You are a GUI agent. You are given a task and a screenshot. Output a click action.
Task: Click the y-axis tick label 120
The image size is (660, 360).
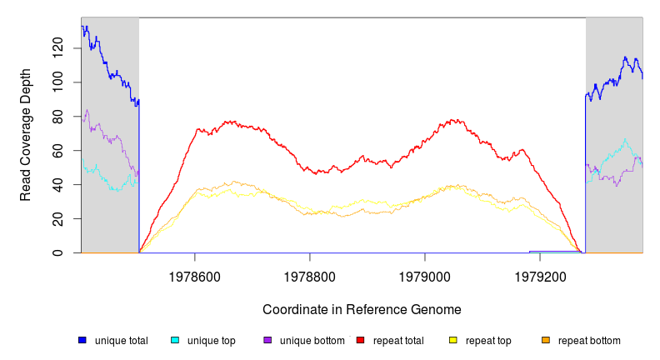pos(57,48)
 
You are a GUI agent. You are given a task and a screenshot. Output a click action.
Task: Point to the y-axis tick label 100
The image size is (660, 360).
pos(57,82)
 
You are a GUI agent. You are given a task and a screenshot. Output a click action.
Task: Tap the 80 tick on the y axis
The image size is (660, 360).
pos(57,117)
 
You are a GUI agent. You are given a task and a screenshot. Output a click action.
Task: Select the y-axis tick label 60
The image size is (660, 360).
pos(57,151)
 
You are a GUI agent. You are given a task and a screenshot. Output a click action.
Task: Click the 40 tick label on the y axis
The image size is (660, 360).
pos(57,184)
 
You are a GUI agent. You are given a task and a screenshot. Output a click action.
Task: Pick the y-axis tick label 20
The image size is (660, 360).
pos(57,218)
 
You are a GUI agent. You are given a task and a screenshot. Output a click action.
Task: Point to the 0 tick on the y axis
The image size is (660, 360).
pos(57,252)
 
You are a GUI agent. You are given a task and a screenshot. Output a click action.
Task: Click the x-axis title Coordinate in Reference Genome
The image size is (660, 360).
pos(362,309)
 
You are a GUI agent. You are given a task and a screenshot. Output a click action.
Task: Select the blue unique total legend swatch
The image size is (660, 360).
pos(82,340)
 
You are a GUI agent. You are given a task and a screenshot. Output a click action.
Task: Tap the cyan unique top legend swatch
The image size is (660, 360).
pos(175,340)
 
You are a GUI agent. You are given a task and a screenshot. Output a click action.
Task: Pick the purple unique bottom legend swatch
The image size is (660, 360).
pos(267,340)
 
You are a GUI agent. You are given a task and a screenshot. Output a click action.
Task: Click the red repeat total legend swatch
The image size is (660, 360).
pos(360,340)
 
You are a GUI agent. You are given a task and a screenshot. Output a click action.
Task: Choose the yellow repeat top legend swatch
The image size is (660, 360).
pos(453,340)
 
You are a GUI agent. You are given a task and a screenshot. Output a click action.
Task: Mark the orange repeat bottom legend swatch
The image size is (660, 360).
pos(546,340)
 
